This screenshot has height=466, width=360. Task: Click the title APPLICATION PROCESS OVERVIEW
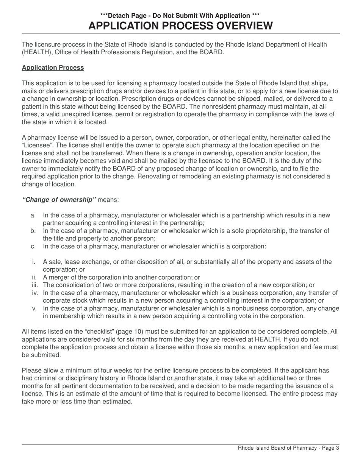click(180, 26)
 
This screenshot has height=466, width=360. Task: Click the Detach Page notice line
click(180, 16)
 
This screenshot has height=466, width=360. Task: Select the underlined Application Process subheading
click(53, 68)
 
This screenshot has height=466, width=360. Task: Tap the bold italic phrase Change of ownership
click(59, 200)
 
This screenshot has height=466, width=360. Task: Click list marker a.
click(33, 215)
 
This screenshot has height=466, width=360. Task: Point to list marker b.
click(33, 231)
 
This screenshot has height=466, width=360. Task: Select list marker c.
click(33, 246)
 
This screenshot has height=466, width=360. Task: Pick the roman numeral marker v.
click(34, 308)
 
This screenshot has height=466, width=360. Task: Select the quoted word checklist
click(86, 332)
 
